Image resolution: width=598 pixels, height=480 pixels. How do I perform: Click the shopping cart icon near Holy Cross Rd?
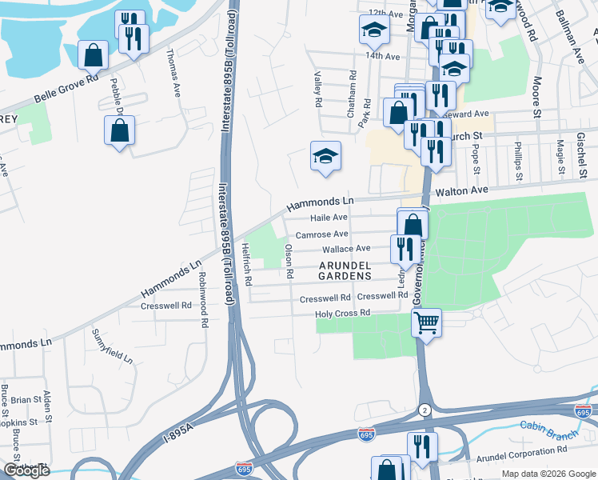[427, 323]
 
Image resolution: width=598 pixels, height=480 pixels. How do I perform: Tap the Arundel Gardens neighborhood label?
[345, 270]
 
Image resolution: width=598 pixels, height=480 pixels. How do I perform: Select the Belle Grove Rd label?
[66, 90]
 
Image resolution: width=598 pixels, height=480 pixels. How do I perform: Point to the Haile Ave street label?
[329, 218]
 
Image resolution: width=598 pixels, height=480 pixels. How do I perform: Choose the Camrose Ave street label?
[321, 234]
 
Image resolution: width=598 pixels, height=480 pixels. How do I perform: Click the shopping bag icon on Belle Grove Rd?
[94, 55]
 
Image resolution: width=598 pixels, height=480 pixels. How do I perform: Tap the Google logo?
[26, 470]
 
